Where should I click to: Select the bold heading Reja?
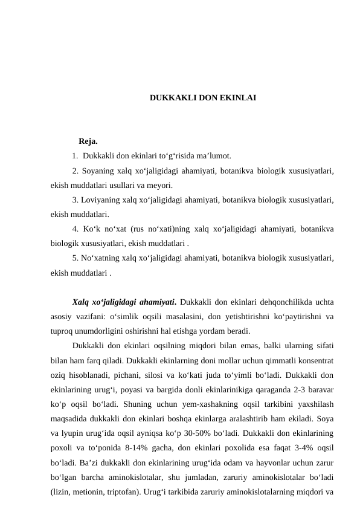click(x=88, y=142)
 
